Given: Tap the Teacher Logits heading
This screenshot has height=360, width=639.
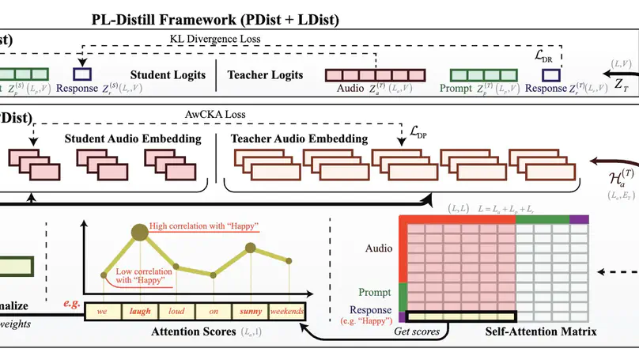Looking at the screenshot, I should [x=265, y=75].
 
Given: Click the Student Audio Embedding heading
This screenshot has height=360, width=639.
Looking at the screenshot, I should [x=133, y=139].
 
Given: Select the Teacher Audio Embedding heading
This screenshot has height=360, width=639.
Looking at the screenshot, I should [x=299, y=139].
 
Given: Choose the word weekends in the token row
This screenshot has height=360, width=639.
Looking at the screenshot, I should [x=286, y=312].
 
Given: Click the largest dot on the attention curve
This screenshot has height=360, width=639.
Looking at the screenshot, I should [x=138, y=232].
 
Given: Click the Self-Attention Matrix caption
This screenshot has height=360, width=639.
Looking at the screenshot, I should [x=541, y=330].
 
